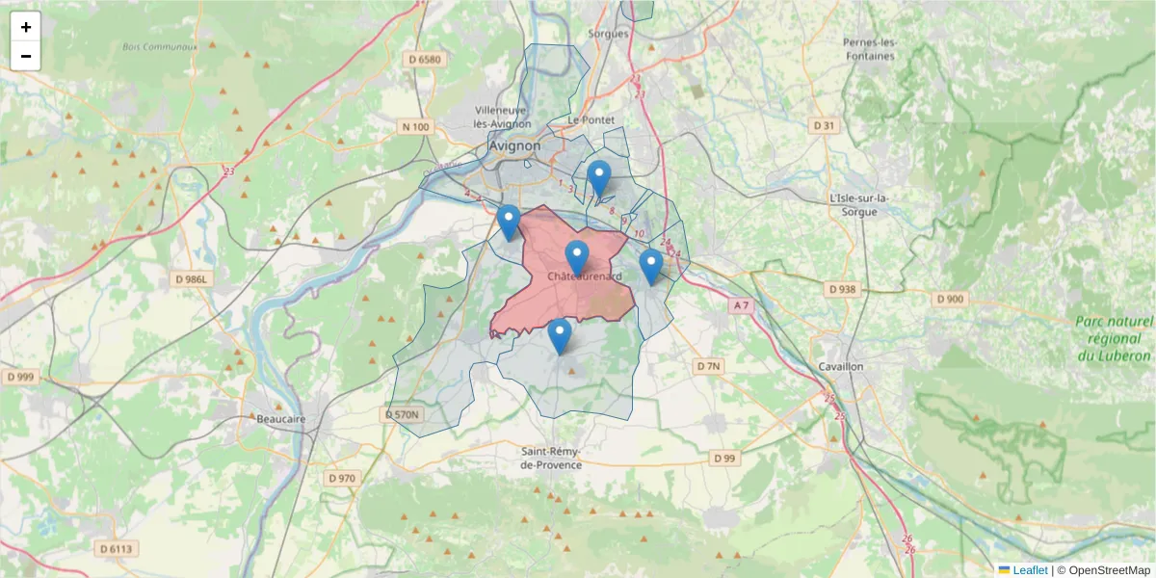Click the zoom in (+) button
click(25, 27)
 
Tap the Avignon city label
click(514, 146)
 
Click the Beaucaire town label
click(281, 419)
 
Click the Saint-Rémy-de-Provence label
click(551, 458)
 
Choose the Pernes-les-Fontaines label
click(869, 49)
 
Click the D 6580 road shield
click(424, 60)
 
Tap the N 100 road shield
click(416, 126)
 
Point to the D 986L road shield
click(192, 278)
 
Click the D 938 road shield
click(841, 289)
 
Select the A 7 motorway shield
click(740, 305)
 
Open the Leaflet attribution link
click(1029, 569)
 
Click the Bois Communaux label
click(160, 46)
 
